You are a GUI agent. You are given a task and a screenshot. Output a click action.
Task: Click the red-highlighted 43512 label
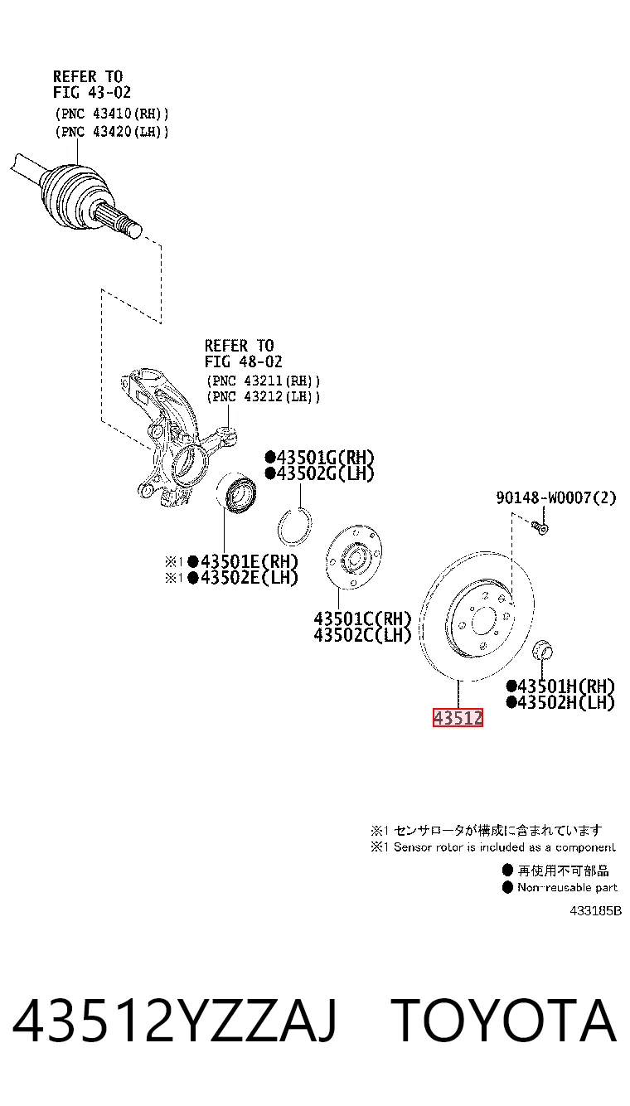coord(458,717)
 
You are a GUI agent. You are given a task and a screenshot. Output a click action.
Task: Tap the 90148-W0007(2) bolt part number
coord(556,497)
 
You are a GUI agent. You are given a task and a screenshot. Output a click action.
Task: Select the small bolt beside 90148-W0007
coord(540,528)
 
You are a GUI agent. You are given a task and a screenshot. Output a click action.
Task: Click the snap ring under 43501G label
coord(294,526)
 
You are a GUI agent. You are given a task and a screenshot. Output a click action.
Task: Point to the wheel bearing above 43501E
coord(236,490)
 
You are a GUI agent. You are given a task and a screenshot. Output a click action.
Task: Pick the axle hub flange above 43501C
coord(354,557)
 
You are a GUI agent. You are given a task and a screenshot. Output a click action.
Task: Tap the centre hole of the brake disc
coord(483,620)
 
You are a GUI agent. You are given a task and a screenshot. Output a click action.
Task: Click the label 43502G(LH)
coord(319,473)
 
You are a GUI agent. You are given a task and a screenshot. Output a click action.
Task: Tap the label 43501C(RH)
coord(362,618)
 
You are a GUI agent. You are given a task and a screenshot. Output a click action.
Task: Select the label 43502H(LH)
coord(561,702)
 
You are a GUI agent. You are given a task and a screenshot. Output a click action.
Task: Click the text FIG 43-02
coord(92,92)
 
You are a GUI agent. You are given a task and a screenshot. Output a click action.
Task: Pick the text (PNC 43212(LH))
coord(263,396)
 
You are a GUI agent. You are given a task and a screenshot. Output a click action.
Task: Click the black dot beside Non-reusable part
coord(507,887)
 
